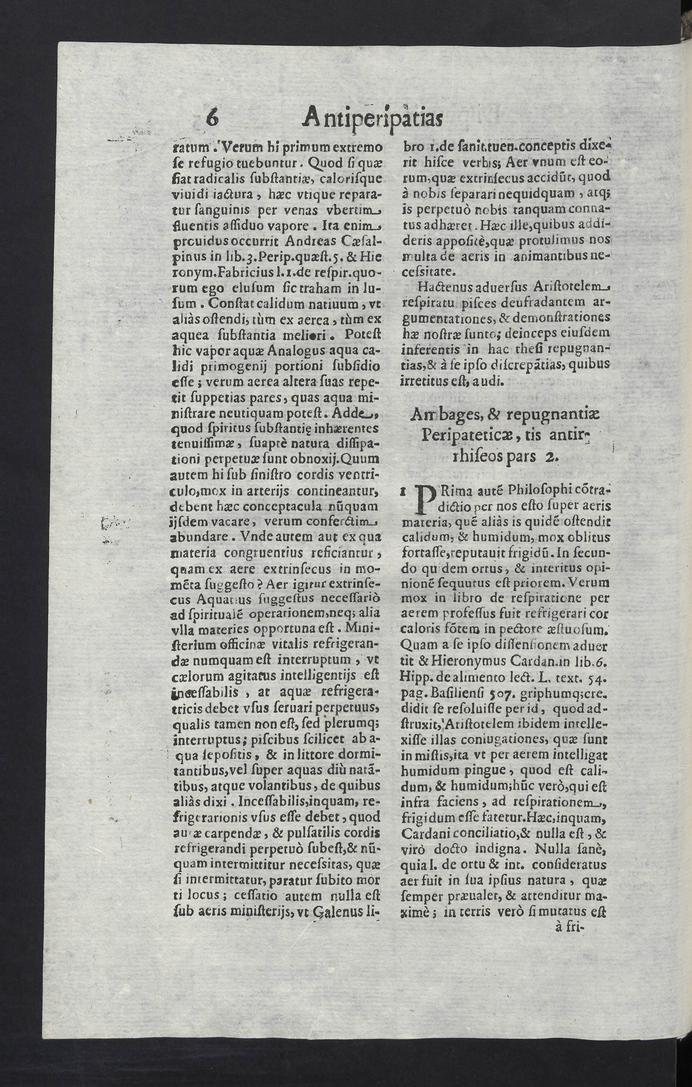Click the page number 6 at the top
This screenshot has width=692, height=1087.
(x=212, y=118)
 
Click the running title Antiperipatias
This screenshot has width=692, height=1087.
(x=373, y=119)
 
